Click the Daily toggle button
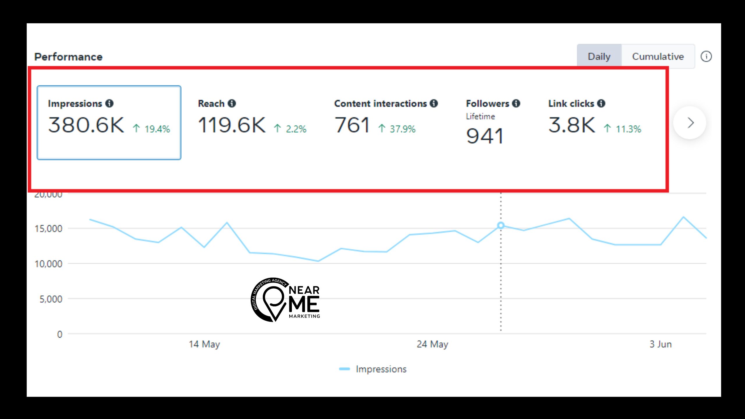pos(599,56)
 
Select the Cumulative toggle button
pos(658,56)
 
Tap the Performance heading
pos(68,57)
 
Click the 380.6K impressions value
pos(86,125)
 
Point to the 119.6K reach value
pos(232,125)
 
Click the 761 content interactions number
pos(352,125)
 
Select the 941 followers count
pos(485,136)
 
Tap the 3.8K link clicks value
pos(572,125)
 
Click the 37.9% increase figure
pos(402,129)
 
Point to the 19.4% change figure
pos(157,129)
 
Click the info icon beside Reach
pos(232,103)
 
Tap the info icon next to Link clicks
pos(601,103)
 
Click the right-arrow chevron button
pos(690,123)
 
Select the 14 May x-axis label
pos(204,344)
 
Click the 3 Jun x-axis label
pos(661,344)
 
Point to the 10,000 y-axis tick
pos(48,264)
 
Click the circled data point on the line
pos(501,226)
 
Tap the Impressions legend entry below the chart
pos(381,369)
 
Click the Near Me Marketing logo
pos(285,300)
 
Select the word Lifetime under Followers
pos(480,116)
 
